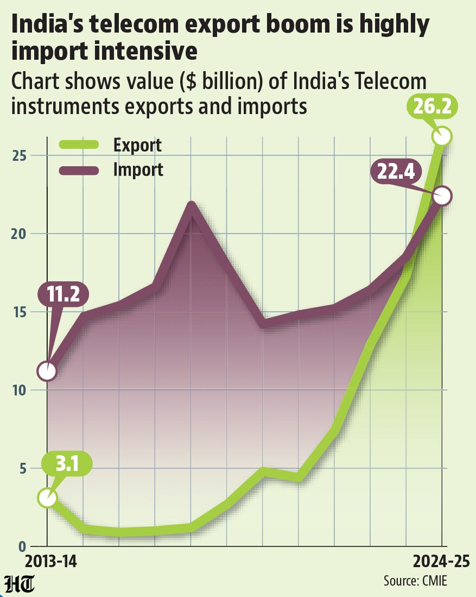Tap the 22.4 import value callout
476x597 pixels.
pyautogui.click(x=396, y=172)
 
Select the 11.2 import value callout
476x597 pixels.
pyautogui.click(x=63, y=294)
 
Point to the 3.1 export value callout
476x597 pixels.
pyautogui.click(x=67, y=464)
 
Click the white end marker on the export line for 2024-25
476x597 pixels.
pyautogui.click(x=442, y=136)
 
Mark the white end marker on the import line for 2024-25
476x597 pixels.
pyautogui.click(x=442, y=197)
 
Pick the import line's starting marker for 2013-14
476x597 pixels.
pyautogui.click(x=47, y=371)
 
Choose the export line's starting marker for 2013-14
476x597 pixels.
pyautogui.click(x=47, y=498)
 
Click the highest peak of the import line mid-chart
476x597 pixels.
pyautogui.click(x=192, y=205)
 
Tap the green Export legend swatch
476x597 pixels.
pyautogui.click(x=79, y=144)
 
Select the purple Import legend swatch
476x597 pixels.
pyautogui.click(x=79, y=170)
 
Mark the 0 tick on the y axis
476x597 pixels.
pyautogui.click(x=22, y=546)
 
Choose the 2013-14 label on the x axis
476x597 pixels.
pyautogui.click(x=51, y=561)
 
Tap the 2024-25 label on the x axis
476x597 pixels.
pyautogui.click(x=441, y=561)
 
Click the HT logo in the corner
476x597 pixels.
pyautogui.click(x=20, y=583)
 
